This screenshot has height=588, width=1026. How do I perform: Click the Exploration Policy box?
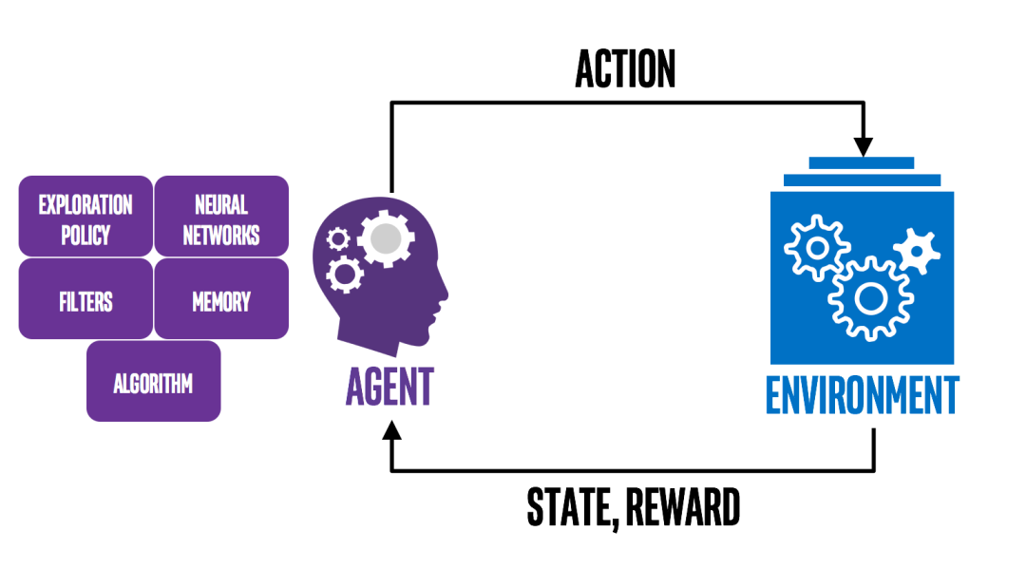click(85, 218)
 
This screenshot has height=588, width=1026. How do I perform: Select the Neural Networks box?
click(221, 218)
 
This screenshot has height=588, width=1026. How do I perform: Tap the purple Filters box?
click(85, 301)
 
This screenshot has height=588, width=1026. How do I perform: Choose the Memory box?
click(221, 301)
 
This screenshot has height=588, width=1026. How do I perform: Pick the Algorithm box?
click(153, 383)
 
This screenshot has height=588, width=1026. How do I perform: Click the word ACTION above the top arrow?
click(625, 69)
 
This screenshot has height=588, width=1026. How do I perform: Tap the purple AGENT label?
click(389, 387)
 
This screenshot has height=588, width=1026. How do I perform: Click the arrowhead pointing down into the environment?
click(863, 147)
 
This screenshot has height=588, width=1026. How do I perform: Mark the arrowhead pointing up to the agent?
click(390, 431)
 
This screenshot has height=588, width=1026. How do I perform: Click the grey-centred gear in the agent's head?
click(384, 238)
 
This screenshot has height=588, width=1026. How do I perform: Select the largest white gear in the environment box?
click(870, 297)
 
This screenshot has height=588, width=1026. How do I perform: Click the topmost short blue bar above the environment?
click(862, 163)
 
